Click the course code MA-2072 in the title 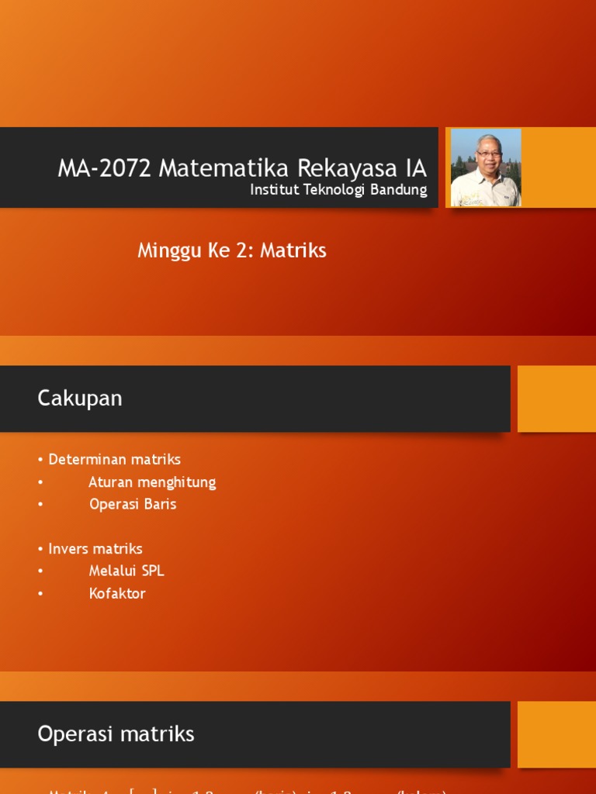[x=105, y=168]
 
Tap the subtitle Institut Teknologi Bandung [x=338, y=190]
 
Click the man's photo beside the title [x=486, y=167]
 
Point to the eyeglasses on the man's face [x=489, y=154]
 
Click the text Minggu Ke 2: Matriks [x=232, y=250]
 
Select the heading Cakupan [x=80, y=399]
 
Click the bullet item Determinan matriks [x=114, y=459]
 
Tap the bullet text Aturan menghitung [x=152, y=482]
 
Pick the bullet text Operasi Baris [x=133, y=504]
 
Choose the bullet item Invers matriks [x=95, y=549]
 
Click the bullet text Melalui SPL [x=126, y=571]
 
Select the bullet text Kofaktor [x=117, y=594]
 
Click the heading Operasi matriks [x=116, y=734]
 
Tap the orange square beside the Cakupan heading [x=556, y=399]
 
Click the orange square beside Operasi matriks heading [x=556, y=734]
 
